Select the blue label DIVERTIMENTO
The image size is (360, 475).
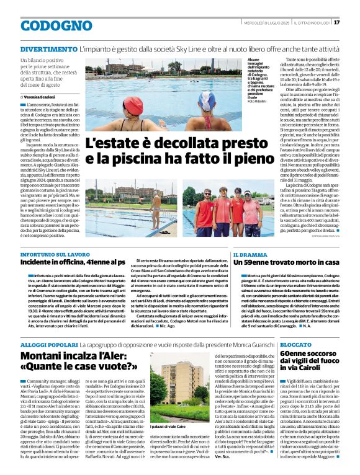click(48, 48)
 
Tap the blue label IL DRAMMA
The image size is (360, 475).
click(248, 254)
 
